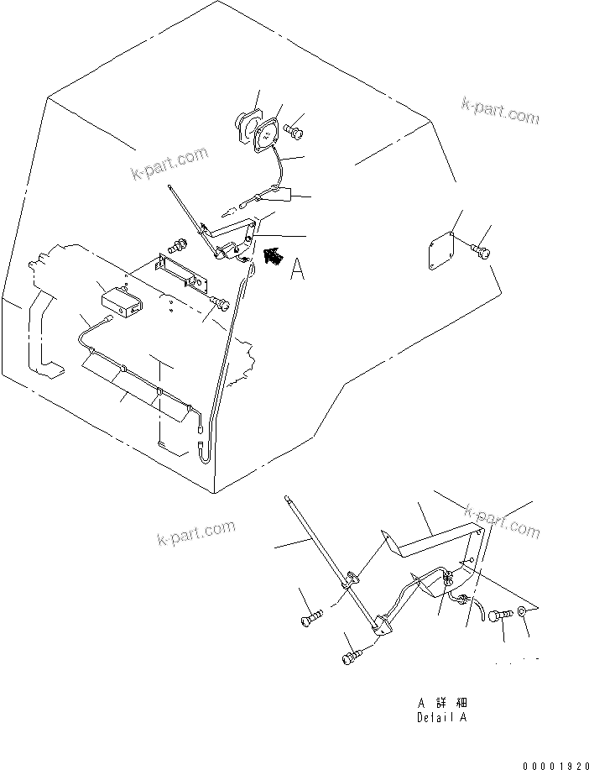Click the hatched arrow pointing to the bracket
click(270, 255)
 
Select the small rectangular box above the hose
click(117, 304)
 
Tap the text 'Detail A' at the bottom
click(441, 718)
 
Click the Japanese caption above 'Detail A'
click(441, 702)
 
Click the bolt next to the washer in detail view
click(501, 615)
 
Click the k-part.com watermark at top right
click(500, 111)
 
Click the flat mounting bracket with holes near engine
click(185, 273)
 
